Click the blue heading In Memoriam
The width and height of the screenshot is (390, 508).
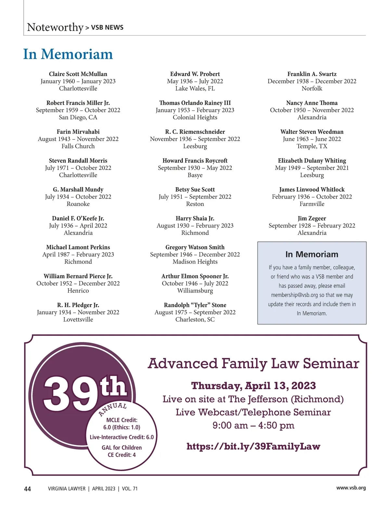[x=68, y=54]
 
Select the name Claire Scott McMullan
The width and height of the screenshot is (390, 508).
[x=78, y=74]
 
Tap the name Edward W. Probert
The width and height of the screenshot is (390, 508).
[x=195, y=74]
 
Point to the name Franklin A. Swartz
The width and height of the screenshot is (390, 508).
[x=312, y=74]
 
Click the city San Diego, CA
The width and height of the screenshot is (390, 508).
[x=78, y=117]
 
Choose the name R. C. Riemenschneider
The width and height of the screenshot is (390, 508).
[x=195, y=132]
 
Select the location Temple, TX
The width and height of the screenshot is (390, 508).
[x=312, y=146]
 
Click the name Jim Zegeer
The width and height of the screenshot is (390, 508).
[x=312, y=218]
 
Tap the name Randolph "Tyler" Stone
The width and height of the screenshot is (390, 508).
[x=195, y=305]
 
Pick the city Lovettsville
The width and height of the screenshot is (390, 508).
[x=78, y=319]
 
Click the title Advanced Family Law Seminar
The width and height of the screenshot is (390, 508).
[x=253, y=363]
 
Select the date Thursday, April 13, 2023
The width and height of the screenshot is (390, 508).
[x=253, y=386]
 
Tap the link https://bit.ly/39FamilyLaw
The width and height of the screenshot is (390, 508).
[x=253, y=446]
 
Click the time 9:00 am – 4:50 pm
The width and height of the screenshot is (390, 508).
[x=253, y=425]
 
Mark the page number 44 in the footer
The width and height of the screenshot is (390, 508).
[x=28, y=489]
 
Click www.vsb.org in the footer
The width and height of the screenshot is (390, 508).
[x=351, y=488]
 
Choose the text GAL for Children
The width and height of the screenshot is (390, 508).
[x=122, y=448]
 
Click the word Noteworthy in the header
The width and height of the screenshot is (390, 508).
[x=55, y=27]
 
